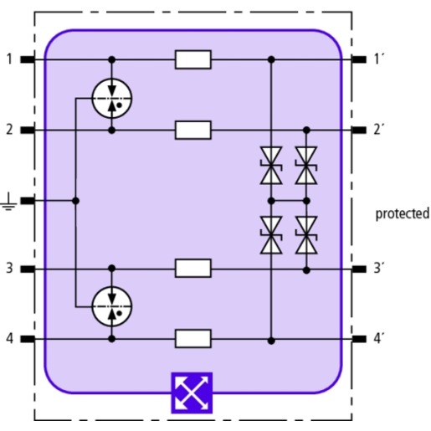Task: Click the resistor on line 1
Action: point(193,59)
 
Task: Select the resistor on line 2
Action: point(193,130)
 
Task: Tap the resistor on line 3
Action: point(193,269)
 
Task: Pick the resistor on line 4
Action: point(193,339)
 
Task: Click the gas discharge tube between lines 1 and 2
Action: point(112,99)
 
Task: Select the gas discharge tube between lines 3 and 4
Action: point(112,306)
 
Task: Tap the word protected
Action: point(403,214)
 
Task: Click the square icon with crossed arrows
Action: point(192,393)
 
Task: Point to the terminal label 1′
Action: point(379,59)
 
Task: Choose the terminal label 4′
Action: point(379,339)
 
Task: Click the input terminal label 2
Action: point(9,130)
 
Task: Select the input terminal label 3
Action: point(9,268)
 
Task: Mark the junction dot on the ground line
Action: point(75,201)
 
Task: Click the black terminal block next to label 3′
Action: point(359,269)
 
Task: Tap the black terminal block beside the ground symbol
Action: point(28,201)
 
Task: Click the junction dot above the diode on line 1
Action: point(271,59)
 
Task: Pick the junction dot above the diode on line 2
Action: point(306,130)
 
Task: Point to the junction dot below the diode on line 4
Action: point(271,341)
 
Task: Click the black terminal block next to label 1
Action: point(28,59)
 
